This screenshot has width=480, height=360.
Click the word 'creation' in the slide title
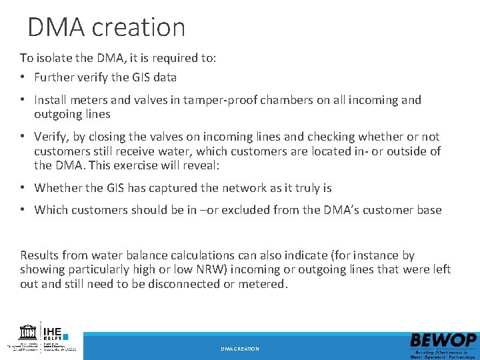139,27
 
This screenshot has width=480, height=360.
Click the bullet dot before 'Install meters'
23,100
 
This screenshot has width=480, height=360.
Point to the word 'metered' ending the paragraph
262,283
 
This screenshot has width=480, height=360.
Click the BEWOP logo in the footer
443,344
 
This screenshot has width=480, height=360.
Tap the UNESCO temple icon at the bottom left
28,331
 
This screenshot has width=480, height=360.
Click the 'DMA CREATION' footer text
240,349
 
